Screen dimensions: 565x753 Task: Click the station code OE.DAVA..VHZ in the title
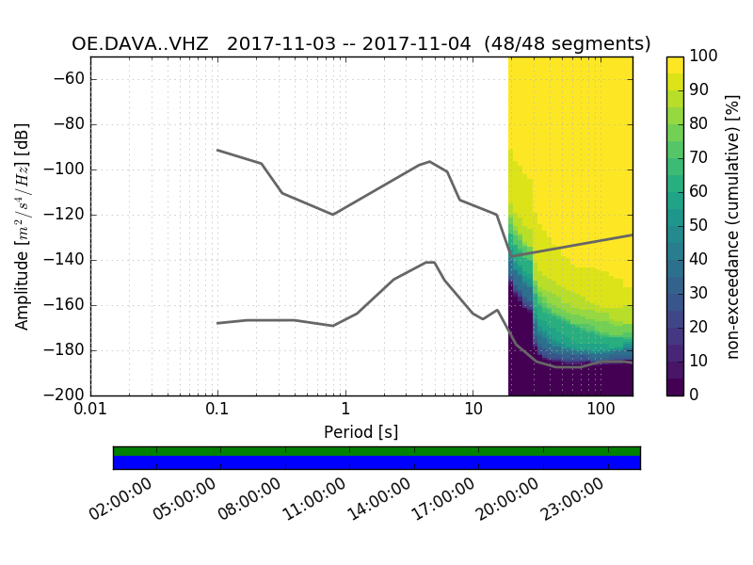click(x=140, y=44)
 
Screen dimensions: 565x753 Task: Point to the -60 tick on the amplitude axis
click(x=70, y=79)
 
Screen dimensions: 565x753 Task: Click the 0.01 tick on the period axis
click(x=90, y=412)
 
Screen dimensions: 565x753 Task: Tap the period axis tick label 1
click(x=345, y=412)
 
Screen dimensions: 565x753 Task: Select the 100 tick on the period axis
click(x=600, y=412)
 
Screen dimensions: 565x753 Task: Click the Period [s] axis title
click(x=361, y=432)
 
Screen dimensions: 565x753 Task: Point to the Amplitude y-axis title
click(x=22, y=226)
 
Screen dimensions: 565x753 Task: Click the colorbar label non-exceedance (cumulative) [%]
click(x=733, y=226)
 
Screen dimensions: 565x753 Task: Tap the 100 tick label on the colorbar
click(x=704, y=56)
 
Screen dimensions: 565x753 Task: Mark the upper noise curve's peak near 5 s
click(x=430, y=161)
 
